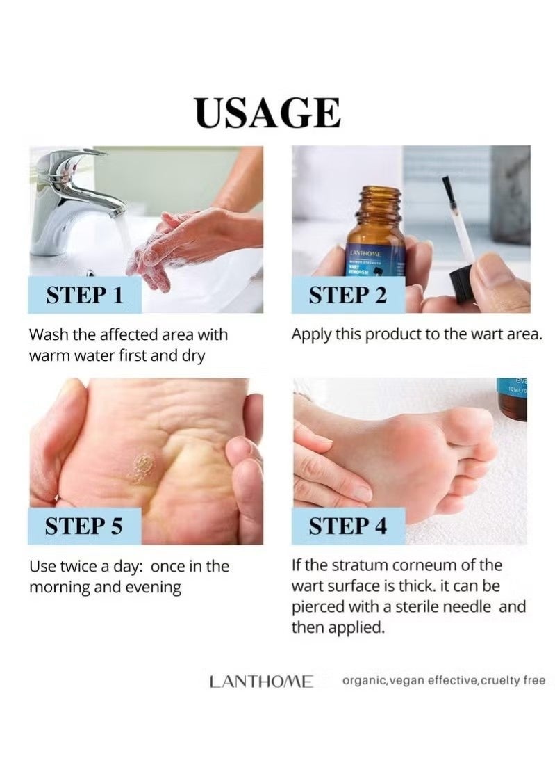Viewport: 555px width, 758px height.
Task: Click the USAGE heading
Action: click(268, 113)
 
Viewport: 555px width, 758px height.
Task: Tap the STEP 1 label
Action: click(84, 295)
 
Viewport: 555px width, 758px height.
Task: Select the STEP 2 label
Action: click(347, 295)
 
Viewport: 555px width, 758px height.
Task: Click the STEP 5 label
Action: click(84, 526)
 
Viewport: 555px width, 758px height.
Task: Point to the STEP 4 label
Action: click(347, 526)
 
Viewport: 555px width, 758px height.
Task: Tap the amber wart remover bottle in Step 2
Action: click(375, 236)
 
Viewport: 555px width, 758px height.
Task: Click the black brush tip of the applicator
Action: click(447, 188)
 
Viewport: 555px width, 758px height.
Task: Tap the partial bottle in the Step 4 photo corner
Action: click(512, 399)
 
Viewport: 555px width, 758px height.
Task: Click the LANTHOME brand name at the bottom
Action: click(261, 682)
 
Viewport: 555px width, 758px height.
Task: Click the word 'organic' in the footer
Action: click(363, 681)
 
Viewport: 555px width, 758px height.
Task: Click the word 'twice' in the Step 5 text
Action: click(82, 566)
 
